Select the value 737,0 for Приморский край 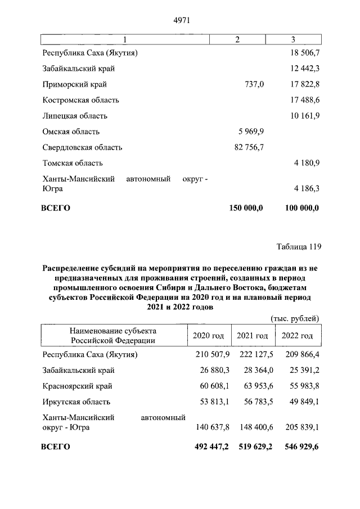coord(252,84)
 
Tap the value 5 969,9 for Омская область coord(249,132)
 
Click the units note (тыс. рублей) coord(295,318)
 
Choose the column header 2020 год coord(208,335)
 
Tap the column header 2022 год coord(297,335)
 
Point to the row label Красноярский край coord(78,386)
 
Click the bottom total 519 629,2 coord(253,447)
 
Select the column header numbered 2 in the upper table coord(237,39)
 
